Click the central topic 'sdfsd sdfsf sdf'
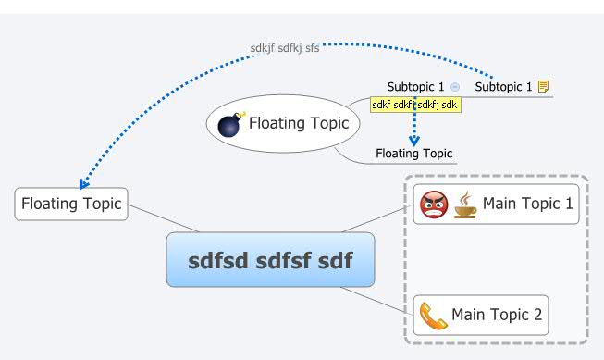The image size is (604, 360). pos(270,260)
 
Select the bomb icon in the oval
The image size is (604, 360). pos(228,123)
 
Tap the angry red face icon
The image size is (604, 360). pos(434,204)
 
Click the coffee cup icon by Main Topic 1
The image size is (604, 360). pos(464,204)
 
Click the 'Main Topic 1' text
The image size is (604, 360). pos(527,204)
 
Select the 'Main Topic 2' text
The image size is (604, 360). pos(498,316)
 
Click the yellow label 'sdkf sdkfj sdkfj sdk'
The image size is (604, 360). pos(415,106)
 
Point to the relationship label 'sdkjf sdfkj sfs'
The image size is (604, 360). pos(285,48)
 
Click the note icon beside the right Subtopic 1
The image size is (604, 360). pos(544,87)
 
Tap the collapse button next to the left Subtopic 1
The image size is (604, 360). pos(454,87)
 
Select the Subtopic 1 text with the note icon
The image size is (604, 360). pos(503,87)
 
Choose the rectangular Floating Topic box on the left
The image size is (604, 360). pos(71,204)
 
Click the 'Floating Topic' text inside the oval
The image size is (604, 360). pos(299,123)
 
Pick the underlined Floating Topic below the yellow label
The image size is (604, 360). pos(413,154)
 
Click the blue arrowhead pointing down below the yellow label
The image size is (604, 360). pos(415,140)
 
